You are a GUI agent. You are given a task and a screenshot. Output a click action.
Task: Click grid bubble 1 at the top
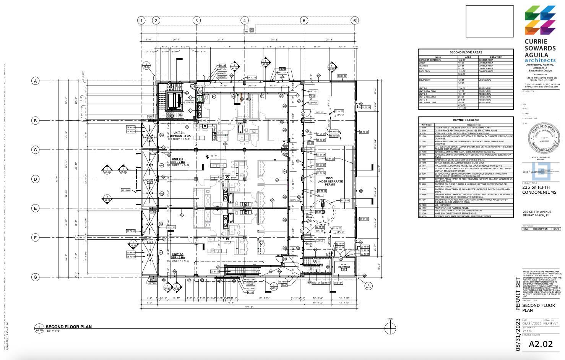[x=141, y=21]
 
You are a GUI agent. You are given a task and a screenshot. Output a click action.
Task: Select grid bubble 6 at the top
[x=354, y=21]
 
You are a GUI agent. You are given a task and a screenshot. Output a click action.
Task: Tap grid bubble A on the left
[x=36, y=81]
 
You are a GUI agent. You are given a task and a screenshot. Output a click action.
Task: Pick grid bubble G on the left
[x=36, y=277]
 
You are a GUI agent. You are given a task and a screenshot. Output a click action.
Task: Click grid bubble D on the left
[x=36, y=179]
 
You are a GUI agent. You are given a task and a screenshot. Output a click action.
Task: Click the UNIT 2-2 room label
[x=177, y=159]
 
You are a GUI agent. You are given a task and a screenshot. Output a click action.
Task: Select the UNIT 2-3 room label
[x=177, y=255]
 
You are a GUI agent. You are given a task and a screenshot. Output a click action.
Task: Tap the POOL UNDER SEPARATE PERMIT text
[x=330, y=182]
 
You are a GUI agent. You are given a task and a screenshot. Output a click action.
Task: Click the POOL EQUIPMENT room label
[x=344, y=266]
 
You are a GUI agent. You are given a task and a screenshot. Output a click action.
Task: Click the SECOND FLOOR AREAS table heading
[x=466, y=52]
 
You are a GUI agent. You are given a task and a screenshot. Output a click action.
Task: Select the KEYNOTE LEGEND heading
[x=466, y=120]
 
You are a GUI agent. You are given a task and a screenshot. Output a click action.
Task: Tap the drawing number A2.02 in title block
[x=541, y=344]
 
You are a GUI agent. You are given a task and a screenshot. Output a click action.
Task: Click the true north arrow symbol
[x=390, y=328]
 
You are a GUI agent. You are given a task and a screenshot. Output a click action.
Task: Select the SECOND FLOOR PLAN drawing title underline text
[x=69, y=327]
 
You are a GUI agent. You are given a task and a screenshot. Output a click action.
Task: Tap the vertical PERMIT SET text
[x=518, y=294]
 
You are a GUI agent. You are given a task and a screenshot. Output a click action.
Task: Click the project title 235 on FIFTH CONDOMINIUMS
[x=539, y=190]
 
